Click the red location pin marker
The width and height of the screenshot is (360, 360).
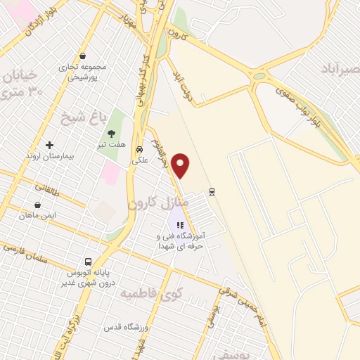coord(181,164)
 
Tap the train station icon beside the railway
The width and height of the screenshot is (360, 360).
coord(212,191)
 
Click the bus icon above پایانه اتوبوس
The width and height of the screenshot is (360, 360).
coord(88,261)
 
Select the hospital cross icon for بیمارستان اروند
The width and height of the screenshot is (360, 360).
coord(49,145)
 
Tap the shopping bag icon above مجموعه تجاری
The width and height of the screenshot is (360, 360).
coord(84,56)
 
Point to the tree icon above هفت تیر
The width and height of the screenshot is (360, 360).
coord(111,133)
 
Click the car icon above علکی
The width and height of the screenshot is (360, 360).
coord(140,149)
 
